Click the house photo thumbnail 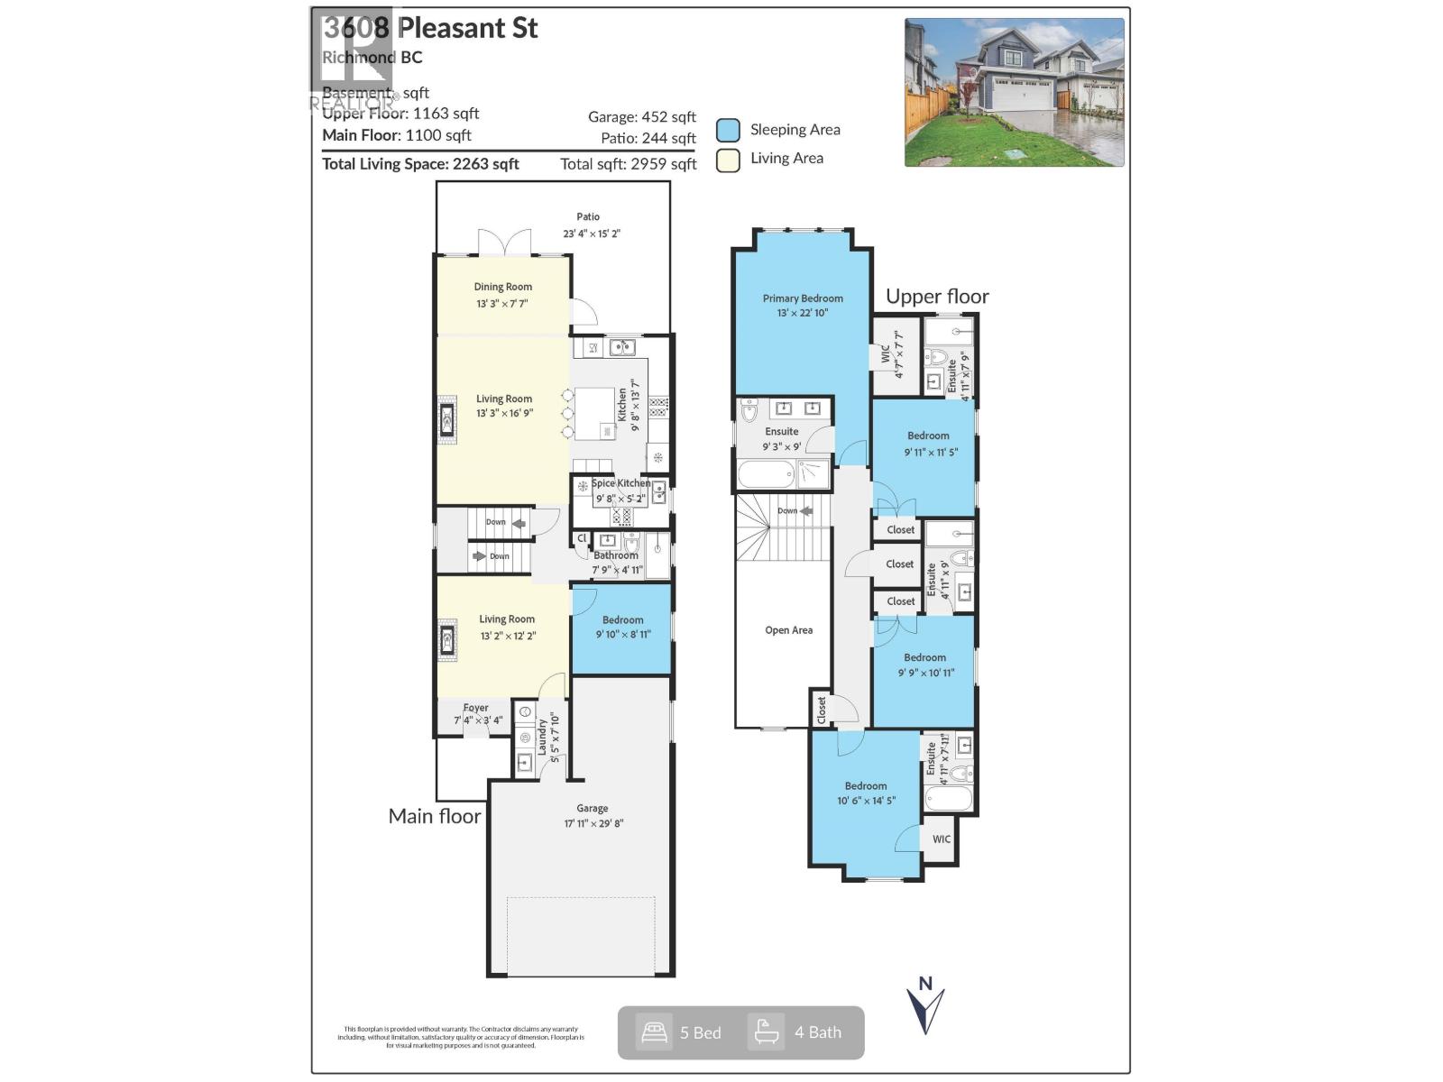point(1015,92)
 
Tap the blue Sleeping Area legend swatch point(728,130)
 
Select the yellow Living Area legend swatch point(728,160)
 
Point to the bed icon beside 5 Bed point(654,1032)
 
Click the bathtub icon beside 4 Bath point(767,1032)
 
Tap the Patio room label point(588,217)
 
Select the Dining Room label point(502,288)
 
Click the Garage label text point(593,809)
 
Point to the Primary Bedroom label point(803,298)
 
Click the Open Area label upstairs point(788,630)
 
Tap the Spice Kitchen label point(620,483)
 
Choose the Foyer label point(475,709)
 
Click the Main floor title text point(434,816)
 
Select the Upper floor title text point(937,297)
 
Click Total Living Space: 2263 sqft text point(420,164)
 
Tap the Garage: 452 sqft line point(641,117)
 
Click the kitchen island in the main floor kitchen point(594,413)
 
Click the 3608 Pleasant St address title point(430,29)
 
